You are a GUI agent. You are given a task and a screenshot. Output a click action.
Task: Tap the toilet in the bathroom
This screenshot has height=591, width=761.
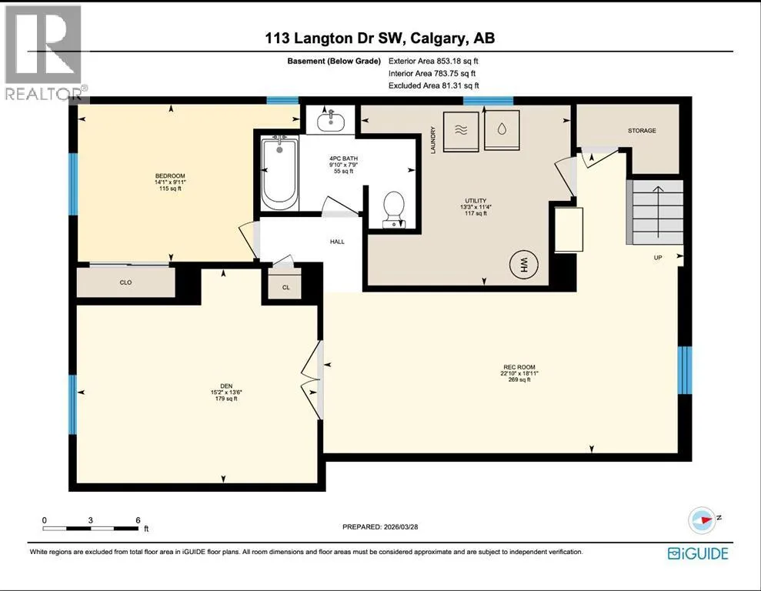click(x=394, y=209)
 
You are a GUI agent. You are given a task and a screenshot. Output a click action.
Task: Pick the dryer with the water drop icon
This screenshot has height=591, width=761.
click(x=502, y=129)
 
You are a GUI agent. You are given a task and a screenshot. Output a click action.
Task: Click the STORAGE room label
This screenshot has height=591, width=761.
click(x=642, y=131)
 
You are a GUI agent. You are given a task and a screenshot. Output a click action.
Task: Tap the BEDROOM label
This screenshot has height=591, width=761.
click(x=170, y=175)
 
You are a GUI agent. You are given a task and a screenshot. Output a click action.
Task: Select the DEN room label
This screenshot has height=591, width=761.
click(x=226, y=386)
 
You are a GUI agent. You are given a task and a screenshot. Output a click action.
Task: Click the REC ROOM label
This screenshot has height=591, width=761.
click(x=519, y=367)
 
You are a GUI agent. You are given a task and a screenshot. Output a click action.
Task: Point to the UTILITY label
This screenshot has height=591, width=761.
click(x=476, y=200)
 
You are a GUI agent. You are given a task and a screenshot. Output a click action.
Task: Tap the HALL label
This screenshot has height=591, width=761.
click(x=337, y=242)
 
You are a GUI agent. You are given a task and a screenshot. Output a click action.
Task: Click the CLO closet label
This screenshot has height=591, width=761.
click(x=125, y=282)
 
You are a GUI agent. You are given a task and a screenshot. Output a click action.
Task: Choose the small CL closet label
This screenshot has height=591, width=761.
click(x=286, y=287)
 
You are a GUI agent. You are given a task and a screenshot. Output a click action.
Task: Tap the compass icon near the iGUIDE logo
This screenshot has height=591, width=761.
click(x=702, y=520)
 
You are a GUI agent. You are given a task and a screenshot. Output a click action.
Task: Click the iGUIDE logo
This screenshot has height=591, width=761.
click(x=698, y=553)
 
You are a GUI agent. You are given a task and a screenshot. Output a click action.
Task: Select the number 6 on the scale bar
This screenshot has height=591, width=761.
click(x=138, y=520)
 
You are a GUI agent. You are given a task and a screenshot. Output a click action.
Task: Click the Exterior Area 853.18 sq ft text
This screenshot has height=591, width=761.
click(x=433, y=61)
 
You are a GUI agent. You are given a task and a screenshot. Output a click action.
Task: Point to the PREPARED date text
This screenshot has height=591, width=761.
click(x=380, y=526)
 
